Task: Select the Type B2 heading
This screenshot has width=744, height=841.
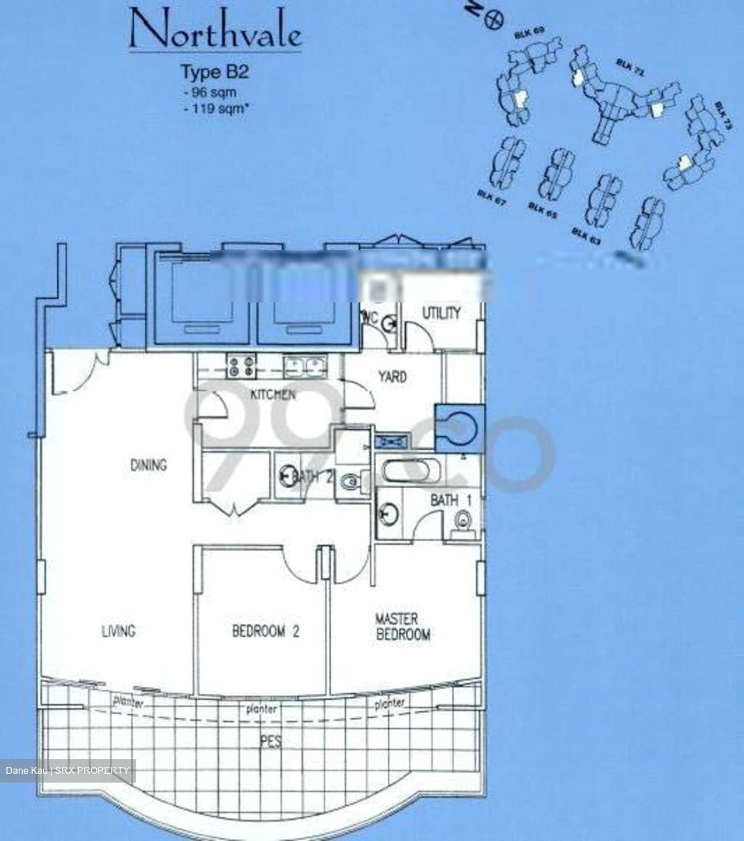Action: click(214, 72)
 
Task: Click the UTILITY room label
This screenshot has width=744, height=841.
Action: click(441, 313)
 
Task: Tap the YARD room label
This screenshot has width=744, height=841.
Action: click(392, 377)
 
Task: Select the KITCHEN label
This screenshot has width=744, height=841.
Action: click(273, 395)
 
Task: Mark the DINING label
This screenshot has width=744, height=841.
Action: click(148, 465)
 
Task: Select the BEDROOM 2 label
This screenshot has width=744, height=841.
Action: click(265, 631)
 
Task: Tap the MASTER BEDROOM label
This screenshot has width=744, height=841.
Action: click(403, 627)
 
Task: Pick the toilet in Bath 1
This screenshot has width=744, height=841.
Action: click(463, 520)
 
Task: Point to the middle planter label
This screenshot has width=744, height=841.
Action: click(261, 710)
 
